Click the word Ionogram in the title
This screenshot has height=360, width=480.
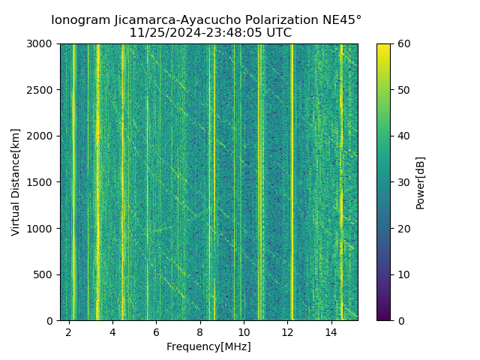pyautogui.click(x=79, y=20)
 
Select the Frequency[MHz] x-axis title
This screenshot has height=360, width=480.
pyautogui.click(x=208, y=346)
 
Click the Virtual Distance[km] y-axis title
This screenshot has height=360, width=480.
pyautogui.click(x=16, y=181)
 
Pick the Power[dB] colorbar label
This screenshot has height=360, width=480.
pyautogui.click(x=421, y=182)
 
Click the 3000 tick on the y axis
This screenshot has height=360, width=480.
pyautogui.click(x=42, y=43)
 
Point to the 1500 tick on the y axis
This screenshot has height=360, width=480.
pyautogui.click(x=42, y=182)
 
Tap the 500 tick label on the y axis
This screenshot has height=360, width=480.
pyautogui.click(x=45, y=274)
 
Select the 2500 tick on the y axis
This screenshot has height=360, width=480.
pyautogui.click(x=42, y=90)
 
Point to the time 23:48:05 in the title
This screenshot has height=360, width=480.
pyautogui.click(x=229, y=33)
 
